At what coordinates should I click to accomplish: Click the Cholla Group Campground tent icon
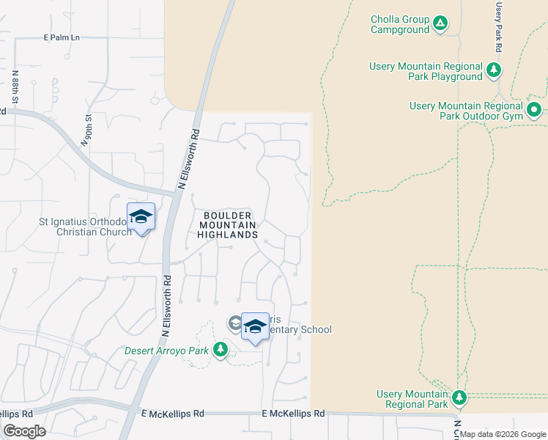[x=440, y=23]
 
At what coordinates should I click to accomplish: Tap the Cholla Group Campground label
[x=400, y=24]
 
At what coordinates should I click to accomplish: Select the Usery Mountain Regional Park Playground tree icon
[x=495, y=70]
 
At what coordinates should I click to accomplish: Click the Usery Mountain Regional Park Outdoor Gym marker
[x=534, y=111]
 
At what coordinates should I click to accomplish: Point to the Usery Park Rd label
[x=498, y=26]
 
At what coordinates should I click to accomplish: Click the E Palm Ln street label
[x=62, y=37]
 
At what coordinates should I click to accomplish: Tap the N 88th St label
[x=15, y=86]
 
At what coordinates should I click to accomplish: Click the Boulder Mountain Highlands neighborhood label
[x=227, y=224]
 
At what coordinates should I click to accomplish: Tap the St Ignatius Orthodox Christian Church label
[x=84, y=227]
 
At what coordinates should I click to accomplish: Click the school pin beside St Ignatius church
[x=141, y=217]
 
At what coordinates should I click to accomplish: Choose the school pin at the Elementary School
[x=255, y=327]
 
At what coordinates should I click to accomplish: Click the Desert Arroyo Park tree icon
[x=220, y=349]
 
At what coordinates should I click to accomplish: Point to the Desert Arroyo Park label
[x=167, y=351]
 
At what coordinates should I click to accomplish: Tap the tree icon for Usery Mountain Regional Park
[x=459, y=398]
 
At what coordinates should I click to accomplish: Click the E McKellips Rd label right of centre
[x=293, y=414]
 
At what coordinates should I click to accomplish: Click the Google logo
[x=24, y=431]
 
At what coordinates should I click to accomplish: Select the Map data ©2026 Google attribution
[x=502, y=434]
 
